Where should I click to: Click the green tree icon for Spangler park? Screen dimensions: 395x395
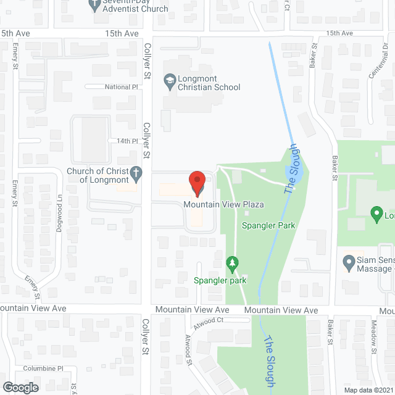[x=232, y=265]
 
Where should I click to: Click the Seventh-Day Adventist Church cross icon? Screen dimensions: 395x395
[x=94, y=6]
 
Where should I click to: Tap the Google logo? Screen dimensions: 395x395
[x=20, y=387]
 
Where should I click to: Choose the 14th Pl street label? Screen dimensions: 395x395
[x=127, y=141]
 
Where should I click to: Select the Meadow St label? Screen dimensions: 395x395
[x=375, y=333]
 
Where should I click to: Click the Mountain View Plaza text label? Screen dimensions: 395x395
[x=223, y=204]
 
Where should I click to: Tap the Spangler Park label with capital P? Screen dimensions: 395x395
[x=268, y=225]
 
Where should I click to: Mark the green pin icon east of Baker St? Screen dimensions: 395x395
[x=376, y=214]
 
